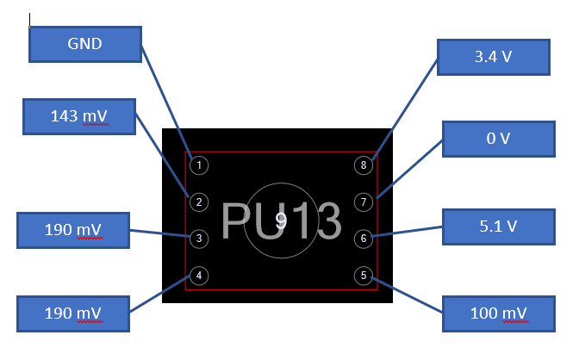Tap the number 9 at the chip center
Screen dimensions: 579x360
281,220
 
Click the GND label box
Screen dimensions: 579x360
85,44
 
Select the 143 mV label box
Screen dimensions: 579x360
79,116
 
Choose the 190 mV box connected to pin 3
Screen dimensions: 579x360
73,231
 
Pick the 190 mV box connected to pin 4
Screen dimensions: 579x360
73,313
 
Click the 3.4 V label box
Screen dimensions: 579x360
494,57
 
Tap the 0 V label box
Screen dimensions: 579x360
499,140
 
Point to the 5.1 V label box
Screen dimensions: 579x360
499,227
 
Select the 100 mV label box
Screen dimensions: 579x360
499,313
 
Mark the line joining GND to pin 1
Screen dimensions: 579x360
166,102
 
